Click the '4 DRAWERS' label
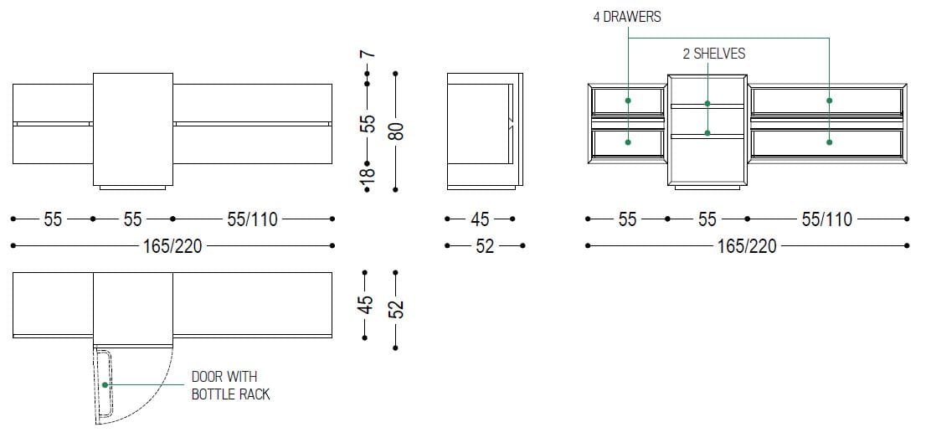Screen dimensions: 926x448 (x=627, y=17)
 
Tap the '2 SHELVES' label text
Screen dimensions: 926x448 (x=714, y=54)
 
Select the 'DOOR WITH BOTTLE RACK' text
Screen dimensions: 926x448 (x=230, y=386)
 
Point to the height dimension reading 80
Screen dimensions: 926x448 (x=398, y=131)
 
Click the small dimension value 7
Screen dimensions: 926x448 (x=368, y=54)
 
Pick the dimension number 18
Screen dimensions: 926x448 (x=368, y=174)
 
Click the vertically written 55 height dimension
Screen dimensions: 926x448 (x=368, y=123)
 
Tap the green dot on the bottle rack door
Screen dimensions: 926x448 (x=105, y=384)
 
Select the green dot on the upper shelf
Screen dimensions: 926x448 (x=707, y=104)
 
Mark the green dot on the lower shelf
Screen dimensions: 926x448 (x=707, y=133)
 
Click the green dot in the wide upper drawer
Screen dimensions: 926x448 (x=829, y=100)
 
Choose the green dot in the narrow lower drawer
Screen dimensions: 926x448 (x=628, y=142)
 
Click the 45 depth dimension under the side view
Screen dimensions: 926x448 (x=480, y=219)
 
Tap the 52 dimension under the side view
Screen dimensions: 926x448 (x=484, y=246)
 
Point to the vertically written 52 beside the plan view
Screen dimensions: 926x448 (x=398, y=308)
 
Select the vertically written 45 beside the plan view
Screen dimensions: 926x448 (x=367, y=304)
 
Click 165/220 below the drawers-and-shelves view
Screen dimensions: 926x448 (x=747, y=246)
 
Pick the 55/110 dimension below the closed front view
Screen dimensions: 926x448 (x=252, y=219)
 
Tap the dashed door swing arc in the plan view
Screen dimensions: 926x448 (x=152, y=403)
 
